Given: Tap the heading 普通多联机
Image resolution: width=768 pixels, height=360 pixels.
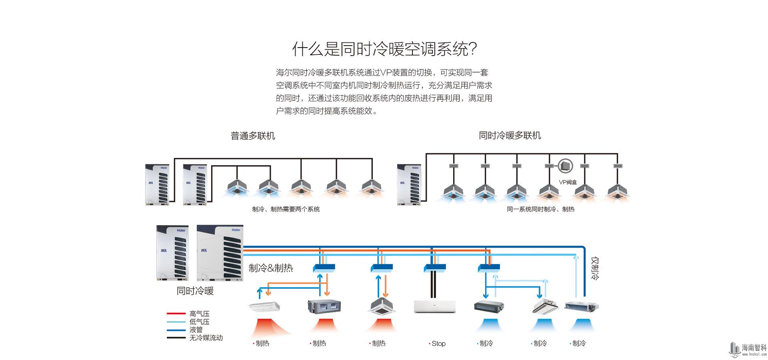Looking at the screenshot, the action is [x=253, y=136].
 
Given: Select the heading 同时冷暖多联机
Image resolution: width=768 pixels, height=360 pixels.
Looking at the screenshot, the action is [x=510, y=136].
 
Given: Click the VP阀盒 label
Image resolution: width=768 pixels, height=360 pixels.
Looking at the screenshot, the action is [x=568, y=182].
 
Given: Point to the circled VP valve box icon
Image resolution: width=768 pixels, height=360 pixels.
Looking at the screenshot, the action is [x=565, y=166].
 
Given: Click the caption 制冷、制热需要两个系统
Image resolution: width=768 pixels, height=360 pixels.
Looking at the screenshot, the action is [x=286, y=209].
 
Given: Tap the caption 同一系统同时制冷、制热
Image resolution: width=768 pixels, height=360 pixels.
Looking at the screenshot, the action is [x=540, y=209].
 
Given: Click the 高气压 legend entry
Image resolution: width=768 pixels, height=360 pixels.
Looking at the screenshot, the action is [x=200, y=314].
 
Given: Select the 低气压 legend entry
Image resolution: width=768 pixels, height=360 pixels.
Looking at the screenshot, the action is [x=200, y=322].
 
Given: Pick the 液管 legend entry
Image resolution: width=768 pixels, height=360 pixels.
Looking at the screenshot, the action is [x=196, y=330].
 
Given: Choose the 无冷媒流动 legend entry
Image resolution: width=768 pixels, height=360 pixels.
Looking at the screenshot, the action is [x=206, y=338].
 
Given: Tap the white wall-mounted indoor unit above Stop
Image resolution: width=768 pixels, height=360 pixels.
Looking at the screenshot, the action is [x=434, y=306].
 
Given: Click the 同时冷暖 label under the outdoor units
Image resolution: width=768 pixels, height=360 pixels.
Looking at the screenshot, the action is [x=195, y=291].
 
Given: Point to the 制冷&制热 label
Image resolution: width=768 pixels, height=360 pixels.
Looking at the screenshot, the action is [x=271, y=268].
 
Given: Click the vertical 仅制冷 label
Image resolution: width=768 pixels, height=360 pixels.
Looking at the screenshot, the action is [x=595, y=268].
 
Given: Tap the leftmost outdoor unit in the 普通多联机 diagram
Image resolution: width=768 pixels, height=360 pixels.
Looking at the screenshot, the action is [x=157, y=185].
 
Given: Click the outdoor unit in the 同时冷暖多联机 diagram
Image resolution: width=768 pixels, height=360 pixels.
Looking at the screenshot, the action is [x=409, y=185].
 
